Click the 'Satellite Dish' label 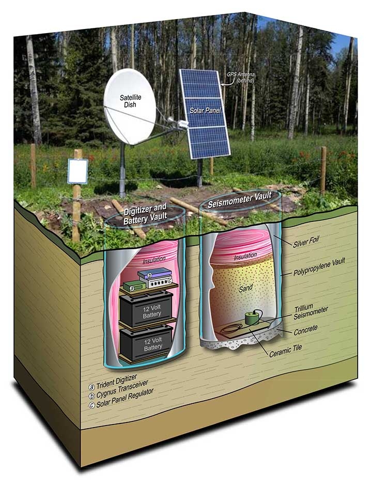[x=130, y=101]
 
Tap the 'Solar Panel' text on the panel [x=205, y=110]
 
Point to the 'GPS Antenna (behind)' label [x=241, y=78]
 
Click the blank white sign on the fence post [x=78, y=171]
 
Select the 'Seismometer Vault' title [x=240, y=200]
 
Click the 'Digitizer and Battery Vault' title [x=145, y=214]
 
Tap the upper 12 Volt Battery [x=146, y=309]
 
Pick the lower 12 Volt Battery [x=146, y=343]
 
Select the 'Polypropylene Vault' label [x=319, y=267]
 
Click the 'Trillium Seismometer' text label [x=311, y=312]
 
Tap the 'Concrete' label [x=305, y=330]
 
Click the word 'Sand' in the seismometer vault [x=245, y=289]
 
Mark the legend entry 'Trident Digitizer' [x=113, y=383]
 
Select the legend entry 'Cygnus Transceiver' [x=119, y=390]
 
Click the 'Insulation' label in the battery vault [x=154, y=260]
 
